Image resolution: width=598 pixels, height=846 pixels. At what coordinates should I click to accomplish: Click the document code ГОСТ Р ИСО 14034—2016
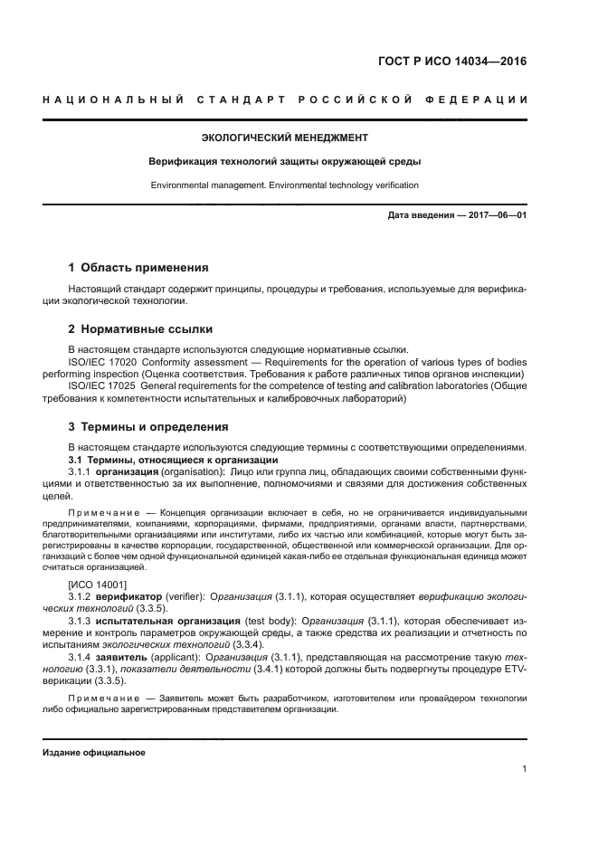point(451,62)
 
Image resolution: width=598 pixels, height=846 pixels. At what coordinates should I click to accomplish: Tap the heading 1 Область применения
point(138,268)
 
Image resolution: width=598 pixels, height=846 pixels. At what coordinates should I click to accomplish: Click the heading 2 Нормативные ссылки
point(141,328)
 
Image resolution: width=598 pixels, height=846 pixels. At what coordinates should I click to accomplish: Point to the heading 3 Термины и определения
point(148,426)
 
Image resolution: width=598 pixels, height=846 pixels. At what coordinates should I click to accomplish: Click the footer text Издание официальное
point(94,753)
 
